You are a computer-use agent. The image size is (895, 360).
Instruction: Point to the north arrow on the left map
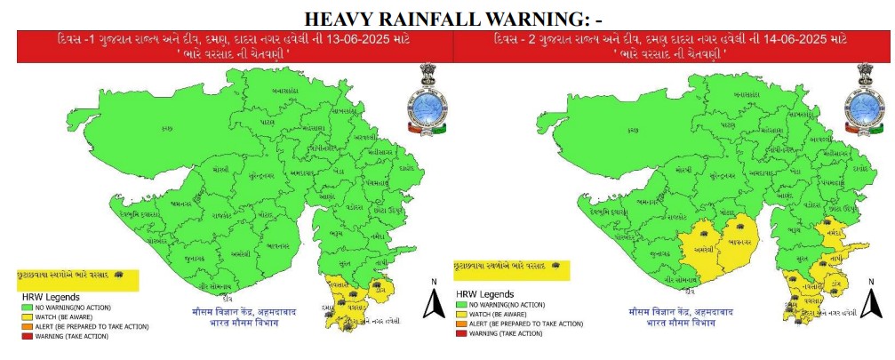(433, 300)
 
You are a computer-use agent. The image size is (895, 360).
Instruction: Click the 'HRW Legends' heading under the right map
(486, 292)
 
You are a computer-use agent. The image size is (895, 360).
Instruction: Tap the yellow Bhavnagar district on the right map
(735, 241)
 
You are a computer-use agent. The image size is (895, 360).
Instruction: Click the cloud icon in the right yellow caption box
(555, 265)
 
